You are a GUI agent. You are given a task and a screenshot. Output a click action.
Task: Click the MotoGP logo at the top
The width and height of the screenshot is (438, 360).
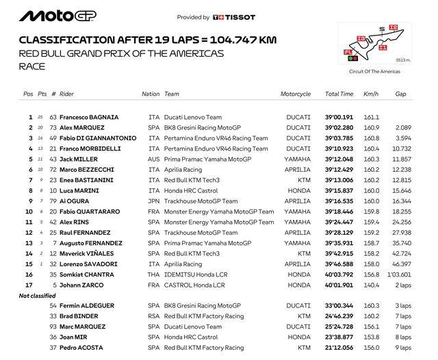coord(59,16)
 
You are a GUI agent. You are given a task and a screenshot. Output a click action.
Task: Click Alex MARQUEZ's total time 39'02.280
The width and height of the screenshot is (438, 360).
coord(339,128)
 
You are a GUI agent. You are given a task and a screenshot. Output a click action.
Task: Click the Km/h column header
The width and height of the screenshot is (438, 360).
coord(372,94)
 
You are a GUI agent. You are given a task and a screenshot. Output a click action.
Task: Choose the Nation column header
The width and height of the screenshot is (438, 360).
coord(151,94)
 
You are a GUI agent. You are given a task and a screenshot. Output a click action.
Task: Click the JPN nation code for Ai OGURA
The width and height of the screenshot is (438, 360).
coord(154,201)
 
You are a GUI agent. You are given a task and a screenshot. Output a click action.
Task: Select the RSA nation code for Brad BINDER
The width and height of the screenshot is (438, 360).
coord(154,316)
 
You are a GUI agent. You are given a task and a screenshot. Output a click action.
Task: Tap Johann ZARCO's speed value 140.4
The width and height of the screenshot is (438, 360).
coord(372,285)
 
